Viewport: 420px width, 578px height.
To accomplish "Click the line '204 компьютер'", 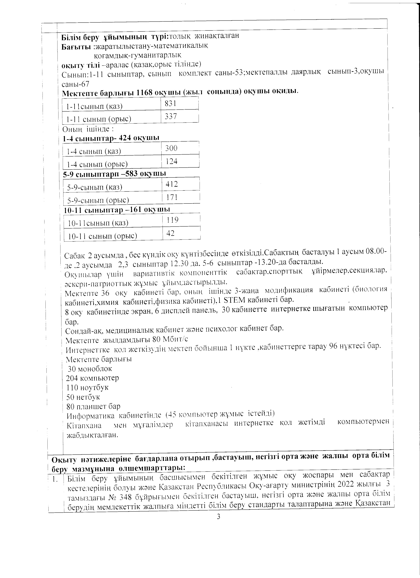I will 92,378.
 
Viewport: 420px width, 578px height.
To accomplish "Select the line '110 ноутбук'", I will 87,388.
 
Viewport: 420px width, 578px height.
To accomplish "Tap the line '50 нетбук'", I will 83,397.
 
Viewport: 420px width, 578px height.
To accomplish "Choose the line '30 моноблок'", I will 90,369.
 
